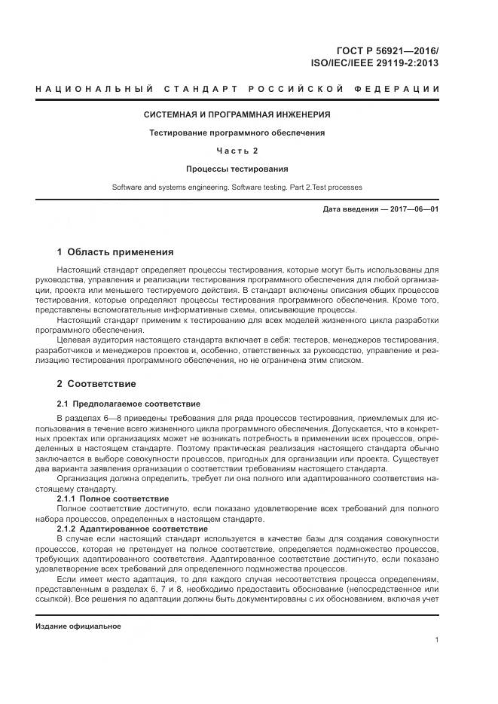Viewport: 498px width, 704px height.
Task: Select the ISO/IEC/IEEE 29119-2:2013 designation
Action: click(374, 63)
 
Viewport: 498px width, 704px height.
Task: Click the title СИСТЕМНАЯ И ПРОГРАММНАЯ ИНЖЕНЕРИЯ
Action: click(237, 115)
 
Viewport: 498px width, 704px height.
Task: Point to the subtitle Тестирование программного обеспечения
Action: click(237, 133)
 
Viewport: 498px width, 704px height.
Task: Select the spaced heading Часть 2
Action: click(237, 151)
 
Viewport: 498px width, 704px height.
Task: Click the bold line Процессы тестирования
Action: click(237, 169)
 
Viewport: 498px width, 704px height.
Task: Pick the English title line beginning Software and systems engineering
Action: click(237, 186)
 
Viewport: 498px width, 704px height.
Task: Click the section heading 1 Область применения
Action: click(115, 251)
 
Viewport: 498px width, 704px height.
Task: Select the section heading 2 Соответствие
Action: click(96, 384)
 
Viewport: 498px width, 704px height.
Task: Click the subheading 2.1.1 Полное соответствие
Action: click(113, 499)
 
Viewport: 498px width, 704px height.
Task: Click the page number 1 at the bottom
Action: click(437, 640)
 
